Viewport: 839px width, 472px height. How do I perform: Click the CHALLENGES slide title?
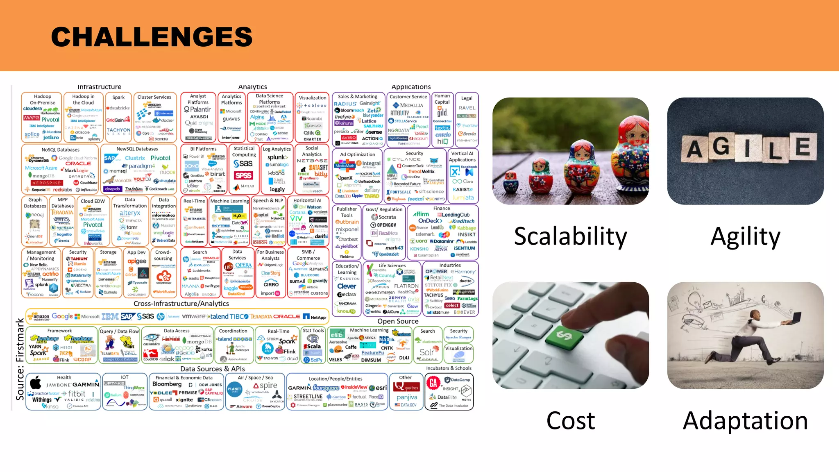point(152,37)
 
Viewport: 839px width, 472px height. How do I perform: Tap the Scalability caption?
point(570,237)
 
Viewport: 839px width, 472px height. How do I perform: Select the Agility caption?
point(745,237)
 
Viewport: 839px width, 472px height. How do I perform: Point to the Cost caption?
point(570,421)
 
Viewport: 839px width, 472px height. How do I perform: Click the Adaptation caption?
point(745,421)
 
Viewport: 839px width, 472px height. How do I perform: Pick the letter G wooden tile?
point(721,147)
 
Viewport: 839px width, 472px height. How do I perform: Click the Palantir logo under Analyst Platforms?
point(197,109)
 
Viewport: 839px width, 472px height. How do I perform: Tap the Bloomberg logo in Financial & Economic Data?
point(167,384)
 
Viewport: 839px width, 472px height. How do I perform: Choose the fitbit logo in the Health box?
point(77,394)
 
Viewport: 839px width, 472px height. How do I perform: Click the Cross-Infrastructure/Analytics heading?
point(181,304)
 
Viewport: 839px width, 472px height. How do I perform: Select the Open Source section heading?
point(398,321)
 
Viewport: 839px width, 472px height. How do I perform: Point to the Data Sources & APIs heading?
point(213,369)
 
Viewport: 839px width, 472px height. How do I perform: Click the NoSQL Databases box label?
point(60,150)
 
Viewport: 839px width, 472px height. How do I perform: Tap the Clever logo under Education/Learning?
point(347,286)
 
